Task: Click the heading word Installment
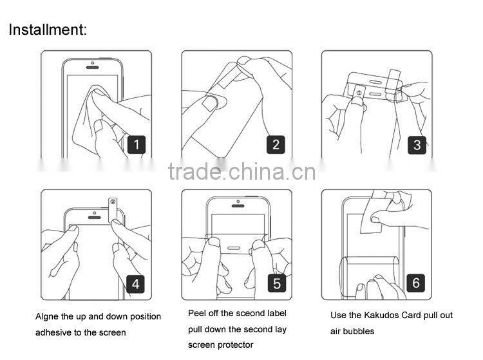(x=48, y=30)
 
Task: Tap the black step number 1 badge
(x=137, y=144)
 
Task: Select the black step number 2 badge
(x=276, y=144)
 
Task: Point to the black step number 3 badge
(x=417, y=145)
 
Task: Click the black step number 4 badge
(x=135, y=283)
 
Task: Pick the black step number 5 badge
(x=277, y=283)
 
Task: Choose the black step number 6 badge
(x=416, y=283)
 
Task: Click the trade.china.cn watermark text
(x=241, y=171)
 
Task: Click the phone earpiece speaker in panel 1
(x=92, y=68)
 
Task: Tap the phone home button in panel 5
(x=234, y=248)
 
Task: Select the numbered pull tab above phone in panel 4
(x=113, y=210)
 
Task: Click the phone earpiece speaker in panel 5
(x=238, y=206)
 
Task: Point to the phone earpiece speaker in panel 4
(x=94, y=218)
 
